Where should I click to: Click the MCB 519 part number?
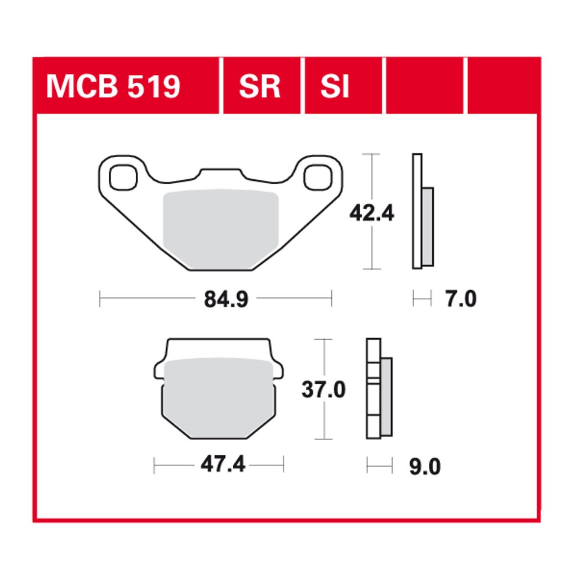[x=113, y=87]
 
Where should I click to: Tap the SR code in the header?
[x=259, y=87]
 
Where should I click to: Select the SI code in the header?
[x=335, y=87]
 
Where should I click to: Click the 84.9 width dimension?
[x=226, y=299]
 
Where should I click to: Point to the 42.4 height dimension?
[x=372, y=213]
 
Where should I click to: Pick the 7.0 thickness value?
[x=461, y=299]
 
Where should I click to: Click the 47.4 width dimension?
[x=223, y=464]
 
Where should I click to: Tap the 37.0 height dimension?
[x=323, y=390]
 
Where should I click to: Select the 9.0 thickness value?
[x=425, y=467]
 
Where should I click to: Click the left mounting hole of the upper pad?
[x=123, y=177]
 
